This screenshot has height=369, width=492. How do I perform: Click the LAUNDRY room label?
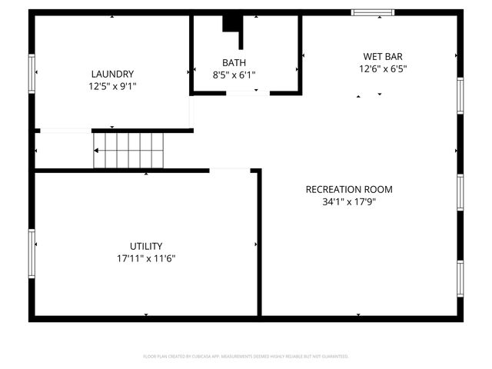point(112,74)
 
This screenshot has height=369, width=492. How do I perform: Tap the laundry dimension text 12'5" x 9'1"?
point(112,86)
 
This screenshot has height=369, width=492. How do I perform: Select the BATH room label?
point(234,62)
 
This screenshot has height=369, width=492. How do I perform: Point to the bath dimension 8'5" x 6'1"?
point(234,75)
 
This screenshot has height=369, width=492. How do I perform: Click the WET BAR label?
point(383,56)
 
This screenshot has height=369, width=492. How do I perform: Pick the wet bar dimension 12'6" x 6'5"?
point(383,68)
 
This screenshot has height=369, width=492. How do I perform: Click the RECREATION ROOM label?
point(349,189)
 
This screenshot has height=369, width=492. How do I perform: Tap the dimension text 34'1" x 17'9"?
point(349,202)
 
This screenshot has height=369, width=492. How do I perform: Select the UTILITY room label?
point(145,246)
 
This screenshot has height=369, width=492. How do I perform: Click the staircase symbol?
point(128,149)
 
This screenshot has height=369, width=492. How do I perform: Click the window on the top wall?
point(373,12)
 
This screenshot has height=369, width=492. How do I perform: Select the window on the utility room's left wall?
point(32,253)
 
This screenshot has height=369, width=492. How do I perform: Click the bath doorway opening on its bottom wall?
point(248,93)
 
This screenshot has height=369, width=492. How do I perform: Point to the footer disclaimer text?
point(246,357)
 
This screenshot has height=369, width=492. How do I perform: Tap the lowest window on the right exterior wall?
point(460,279)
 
